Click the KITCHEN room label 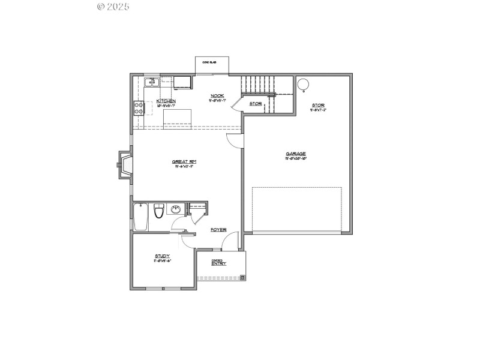click(166, 101)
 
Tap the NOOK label click(217, 96)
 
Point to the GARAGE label click(296, 154)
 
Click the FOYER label click(218, 229)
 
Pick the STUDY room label click(163, 256)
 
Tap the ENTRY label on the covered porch click(218, 263)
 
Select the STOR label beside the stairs click(256, 104)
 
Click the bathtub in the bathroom click(141, 217)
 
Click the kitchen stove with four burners click(139, 108)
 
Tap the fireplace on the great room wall click(125, 165)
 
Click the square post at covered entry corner click(242, 277)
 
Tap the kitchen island click(177, 116)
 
